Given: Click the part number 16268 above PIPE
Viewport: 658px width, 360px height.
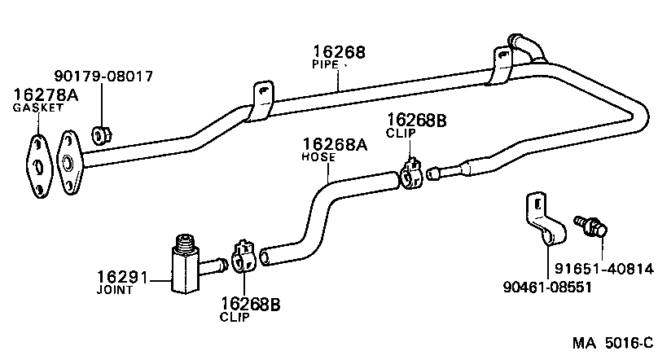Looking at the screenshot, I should click(x=338, y=52).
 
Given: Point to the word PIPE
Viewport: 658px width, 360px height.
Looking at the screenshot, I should click(x=326, y=64).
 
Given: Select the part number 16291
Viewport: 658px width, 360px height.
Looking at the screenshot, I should click(x=122, y=277).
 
